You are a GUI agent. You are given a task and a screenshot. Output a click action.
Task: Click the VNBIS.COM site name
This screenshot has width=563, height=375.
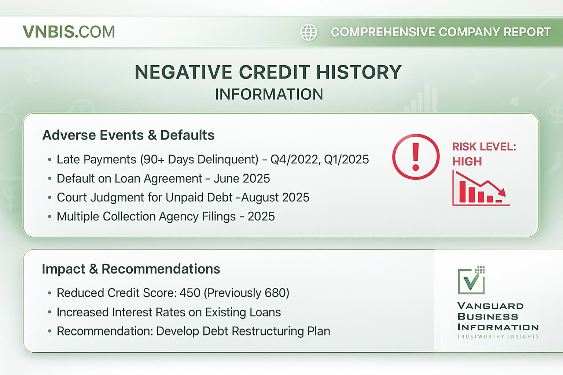pos(69,32)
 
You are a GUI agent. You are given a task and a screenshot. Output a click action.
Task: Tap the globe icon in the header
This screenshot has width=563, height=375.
pos(309,32)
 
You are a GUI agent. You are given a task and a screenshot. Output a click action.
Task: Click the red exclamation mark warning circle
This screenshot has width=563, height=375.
pos(416,157)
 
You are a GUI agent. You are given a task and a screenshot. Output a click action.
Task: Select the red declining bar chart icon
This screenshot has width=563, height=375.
pos(480,189)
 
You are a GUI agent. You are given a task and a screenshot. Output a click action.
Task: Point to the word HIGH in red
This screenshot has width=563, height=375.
pos(467,161)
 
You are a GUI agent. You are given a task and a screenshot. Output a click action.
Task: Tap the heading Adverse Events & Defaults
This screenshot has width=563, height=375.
pos(128,135)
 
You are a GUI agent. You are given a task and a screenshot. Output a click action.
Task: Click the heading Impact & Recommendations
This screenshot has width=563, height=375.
pos(131,269)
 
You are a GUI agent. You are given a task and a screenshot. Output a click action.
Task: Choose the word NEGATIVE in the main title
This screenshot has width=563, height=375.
pos(183,72)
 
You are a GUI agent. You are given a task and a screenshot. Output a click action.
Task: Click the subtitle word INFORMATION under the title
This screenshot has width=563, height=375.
pos(269,94)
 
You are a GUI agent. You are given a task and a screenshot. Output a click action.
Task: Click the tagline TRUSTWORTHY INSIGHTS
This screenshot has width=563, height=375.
pos(498,337)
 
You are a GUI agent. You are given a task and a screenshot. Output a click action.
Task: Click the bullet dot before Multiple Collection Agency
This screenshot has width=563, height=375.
pos(49,216)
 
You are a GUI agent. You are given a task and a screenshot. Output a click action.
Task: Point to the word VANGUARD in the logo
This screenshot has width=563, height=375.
pos(490,306)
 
